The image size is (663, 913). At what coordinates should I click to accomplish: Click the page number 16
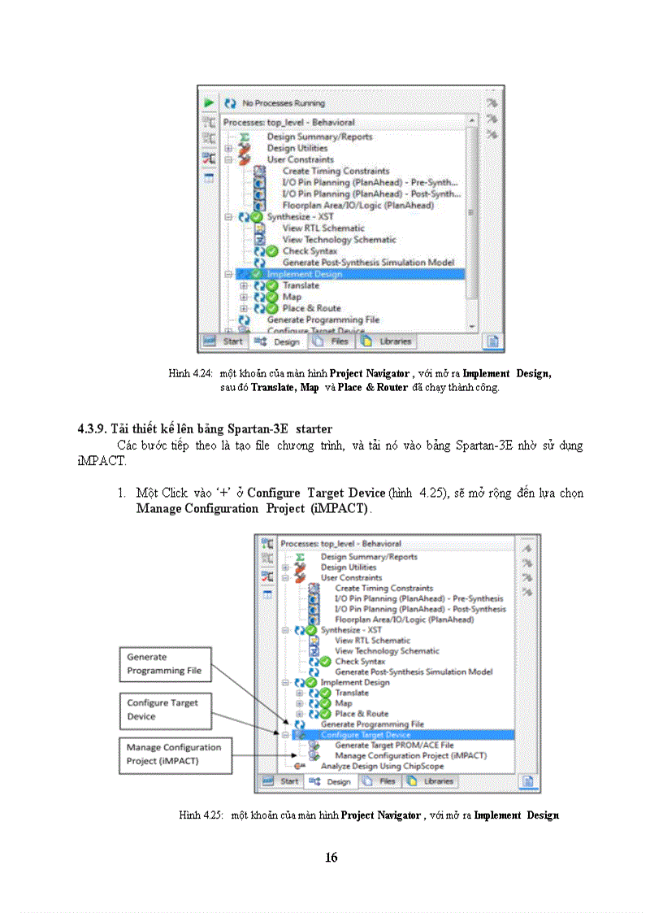click(331, 857)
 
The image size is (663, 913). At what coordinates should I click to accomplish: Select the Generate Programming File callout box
click(166, 664)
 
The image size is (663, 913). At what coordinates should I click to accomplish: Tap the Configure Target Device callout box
click(166, 709)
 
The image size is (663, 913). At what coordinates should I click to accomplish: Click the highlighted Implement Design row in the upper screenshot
click(305, 274)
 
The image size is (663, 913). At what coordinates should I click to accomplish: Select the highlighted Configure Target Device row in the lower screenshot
click(365, 734)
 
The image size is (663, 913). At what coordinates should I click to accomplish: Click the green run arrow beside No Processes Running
click(209, 103)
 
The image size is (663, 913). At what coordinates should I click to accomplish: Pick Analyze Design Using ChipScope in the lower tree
click(380, 766)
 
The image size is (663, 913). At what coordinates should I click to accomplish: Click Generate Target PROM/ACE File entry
click(394, 745)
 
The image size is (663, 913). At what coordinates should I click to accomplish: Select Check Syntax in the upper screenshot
click(310, 251)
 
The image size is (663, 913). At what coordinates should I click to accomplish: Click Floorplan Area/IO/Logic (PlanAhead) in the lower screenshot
click(404, 620)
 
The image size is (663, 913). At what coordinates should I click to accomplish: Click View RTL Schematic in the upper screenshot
click(323, 228)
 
